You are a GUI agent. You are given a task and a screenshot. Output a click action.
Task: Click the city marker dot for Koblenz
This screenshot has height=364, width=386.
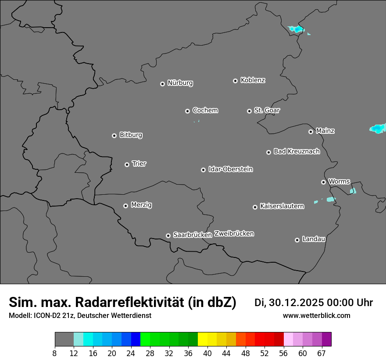(235, 81)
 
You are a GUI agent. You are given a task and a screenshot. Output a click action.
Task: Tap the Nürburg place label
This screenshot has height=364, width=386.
(180, 83)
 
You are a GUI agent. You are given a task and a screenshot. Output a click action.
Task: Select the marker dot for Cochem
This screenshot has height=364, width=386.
(187, 111)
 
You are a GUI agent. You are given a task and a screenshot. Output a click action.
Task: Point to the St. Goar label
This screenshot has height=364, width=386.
(267, 111)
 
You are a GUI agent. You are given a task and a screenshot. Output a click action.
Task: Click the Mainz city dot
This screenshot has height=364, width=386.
(311, 132)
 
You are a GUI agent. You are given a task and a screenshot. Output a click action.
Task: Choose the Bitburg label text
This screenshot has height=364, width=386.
(131, 135)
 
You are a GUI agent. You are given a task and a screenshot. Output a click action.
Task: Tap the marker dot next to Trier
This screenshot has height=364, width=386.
(127, 164)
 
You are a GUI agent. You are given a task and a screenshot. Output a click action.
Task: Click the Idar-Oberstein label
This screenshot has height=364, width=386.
(230, 169)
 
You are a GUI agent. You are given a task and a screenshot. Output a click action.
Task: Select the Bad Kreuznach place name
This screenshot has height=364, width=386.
(297, 152)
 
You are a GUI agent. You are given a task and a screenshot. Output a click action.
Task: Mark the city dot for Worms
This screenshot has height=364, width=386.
(323, 182)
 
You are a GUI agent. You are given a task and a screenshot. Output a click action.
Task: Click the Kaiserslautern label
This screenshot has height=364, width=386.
(282, 206)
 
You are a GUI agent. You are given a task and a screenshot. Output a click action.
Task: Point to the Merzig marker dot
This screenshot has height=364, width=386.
(125, 206)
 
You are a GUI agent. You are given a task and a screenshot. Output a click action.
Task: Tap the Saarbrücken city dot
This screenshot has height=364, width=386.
(168, 236)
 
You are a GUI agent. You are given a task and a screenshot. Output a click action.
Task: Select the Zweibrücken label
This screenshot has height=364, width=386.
(234, 234)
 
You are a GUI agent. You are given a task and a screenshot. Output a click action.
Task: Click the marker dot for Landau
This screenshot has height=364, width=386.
(297, 240)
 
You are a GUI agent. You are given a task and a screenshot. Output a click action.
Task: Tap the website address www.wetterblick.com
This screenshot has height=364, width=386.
(316, 316)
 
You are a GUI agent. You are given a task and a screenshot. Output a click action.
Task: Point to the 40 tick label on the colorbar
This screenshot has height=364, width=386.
(207, 353)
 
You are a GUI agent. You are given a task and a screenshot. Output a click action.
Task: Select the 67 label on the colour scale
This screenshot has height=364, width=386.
(321, 353)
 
